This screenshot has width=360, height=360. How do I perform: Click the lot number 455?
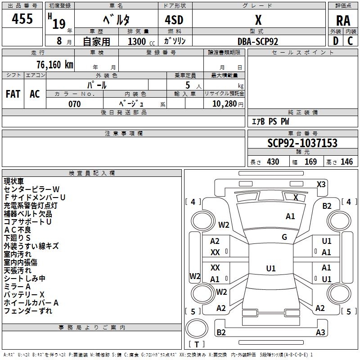[x=22, y=18]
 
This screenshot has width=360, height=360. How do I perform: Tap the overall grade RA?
[x=343, y=21]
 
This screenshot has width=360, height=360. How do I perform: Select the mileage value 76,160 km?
[x=55, y=64]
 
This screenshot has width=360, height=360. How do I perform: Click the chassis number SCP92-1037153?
[x=302, y=143]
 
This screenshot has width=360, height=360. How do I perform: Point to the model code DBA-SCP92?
[x=258, y=41]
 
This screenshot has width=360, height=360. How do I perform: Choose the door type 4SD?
[x=174, y=20]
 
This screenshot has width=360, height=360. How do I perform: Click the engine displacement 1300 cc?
[x=141, y=41]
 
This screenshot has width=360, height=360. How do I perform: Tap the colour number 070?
[x=75, y=104]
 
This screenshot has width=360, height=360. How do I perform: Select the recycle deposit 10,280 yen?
[x=228, y=104]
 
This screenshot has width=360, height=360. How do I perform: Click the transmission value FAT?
[x=13, y=94]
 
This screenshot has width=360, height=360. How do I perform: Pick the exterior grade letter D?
[x=335, y=41]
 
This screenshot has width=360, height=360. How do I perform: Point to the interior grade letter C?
[x=350, y=41]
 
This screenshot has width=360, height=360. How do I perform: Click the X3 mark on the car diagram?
[x=321, y=184]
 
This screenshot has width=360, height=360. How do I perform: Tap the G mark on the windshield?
[x=284, y=237]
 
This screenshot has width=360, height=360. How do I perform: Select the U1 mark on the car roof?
[x=271, y=268]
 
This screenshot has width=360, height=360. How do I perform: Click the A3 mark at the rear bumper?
[x=320, y=332]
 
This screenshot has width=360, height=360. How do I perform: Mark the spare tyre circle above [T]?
[x=197, y=328]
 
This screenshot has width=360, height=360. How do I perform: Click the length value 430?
[x=273, y=162]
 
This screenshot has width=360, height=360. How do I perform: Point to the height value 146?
[x=346, y=162]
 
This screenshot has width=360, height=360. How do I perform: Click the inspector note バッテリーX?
[x=24, y=295]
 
